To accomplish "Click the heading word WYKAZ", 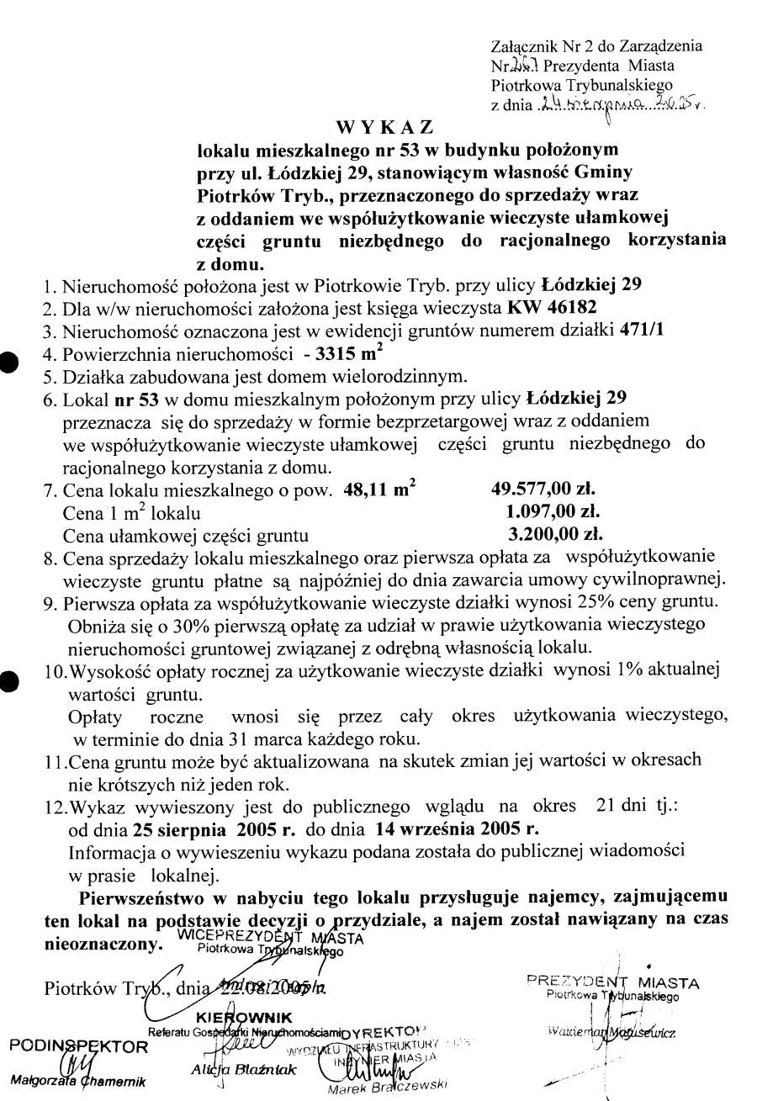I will click(384, 128).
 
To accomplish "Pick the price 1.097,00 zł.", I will click(553, 511).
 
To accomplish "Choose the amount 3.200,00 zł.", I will click(556, 533).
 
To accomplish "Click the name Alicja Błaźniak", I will click(236, 1070).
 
